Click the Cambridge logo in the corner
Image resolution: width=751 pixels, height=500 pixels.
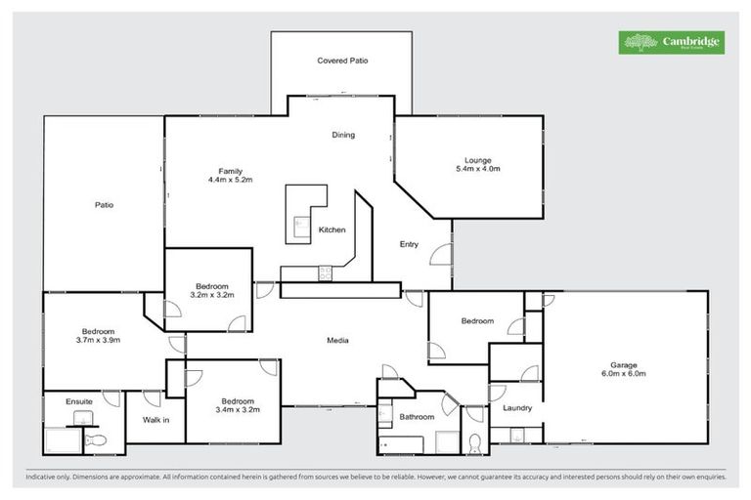tap(671, 42)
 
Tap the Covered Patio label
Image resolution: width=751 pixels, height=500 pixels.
tap(342, 61)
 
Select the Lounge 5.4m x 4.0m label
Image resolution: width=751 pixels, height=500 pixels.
tap(478, 164)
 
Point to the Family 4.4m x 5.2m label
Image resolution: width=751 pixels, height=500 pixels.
tap(230, 176)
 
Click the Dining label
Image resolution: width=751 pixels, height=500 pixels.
tap(342, 135)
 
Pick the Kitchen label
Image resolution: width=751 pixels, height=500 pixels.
tap(332, 229)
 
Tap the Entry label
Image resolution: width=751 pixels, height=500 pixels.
tap(409, 244)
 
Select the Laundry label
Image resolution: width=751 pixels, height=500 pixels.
tap(517, 407)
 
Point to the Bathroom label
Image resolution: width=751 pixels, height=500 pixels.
tap(417, 417)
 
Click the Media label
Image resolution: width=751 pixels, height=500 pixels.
tap(338, 340)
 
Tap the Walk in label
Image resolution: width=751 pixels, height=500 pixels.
tap(156, 421)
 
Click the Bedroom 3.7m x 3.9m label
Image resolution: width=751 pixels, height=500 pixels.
tap(98, 335)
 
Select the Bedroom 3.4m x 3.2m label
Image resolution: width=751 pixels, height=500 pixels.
tap(238, 405)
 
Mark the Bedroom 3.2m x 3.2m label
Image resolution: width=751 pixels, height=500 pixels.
tap(212, 290)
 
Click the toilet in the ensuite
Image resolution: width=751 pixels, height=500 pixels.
tap(95, 441)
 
